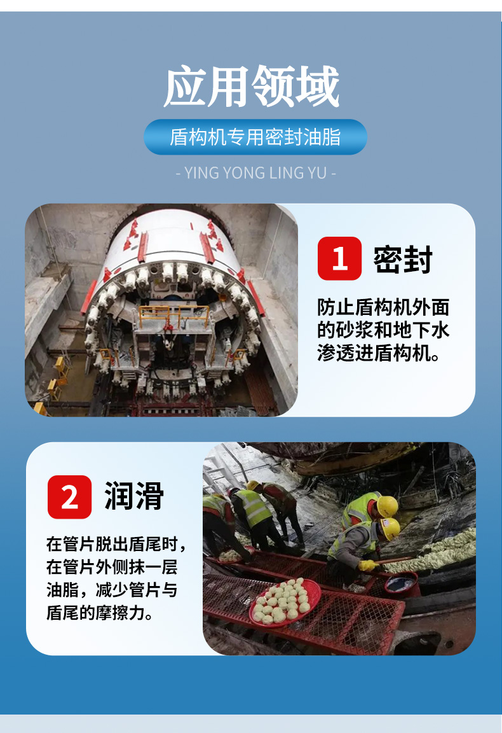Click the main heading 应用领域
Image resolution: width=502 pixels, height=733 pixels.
251,87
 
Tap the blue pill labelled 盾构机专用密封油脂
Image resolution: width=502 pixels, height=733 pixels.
255,137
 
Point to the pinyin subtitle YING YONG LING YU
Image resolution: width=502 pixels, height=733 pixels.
255,173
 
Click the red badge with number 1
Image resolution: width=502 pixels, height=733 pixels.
339,258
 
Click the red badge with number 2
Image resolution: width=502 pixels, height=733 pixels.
69,497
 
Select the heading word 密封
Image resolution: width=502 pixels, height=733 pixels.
403,259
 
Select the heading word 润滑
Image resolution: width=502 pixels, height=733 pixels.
133,496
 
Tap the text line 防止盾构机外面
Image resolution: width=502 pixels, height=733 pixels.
383,307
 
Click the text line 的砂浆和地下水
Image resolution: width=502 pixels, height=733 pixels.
383,330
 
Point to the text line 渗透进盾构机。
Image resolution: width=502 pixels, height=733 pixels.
379,353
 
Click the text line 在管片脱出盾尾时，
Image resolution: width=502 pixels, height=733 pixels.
116,544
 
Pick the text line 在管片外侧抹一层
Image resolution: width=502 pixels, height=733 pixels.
112,567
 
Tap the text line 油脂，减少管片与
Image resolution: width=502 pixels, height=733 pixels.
112,590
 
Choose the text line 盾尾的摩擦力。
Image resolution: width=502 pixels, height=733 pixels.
100,612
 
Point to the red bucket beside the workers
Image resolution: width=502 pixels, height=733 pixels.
402,584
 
